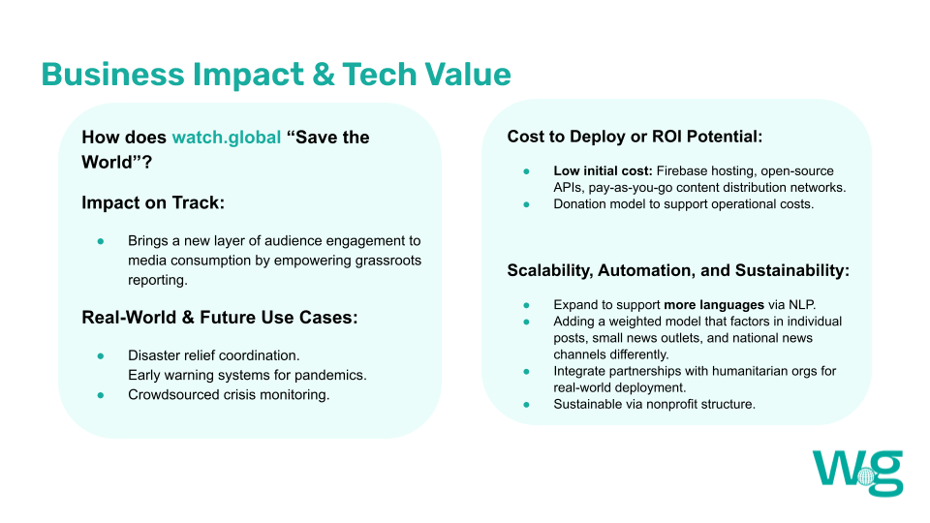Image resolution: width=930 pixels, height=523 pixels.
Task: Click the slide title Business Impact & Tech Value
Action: (x=276, y=75)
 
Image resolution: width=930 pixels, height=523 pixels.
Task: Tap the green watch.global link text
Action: (x=227, y=138)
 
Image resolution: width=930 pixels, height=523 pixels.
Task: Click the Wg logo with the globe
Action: (x=857, y=473)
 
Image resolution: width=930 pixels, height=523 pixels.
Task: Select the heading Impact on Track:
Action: (x=153, y=202)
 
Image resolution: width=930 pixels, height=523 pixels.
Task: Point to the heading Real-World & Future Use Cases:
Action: (x=220, y=318)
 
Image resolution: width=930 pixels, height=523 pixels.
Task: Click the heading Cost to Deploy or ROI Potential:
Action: (x=635, y=137)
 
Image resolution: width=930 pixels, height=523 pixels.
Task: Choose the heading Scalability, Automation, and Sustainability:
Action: (x=678, y=270)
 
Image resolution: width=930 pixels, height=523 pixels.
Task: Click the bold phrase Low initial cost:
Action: (x=603, y=170)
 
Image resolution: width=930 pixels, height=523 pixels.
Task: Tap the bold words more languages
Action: (x=714, y=305)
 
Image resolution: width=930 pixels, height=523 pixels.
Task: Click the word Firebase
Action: (x=681, y=170)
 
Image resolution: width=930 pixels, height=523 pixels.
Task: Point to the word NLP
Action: (x=802, y=305)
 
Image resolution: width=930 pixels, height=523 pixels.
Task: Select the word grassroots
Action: (x=387, y=261)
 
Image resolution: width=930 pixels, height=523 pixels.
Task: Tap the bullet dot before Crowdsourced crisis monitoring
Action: (x=101, y=395)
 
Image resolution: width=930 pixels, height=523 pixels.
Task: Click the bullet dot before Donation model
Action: (x=526, y=204)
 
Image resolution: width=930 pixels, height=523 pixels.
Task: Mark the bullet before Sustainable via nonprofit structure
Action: (x=526, y=405)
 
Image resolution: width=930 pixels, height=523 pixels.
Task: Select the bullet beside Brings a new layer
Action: (x=101, y=241)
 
